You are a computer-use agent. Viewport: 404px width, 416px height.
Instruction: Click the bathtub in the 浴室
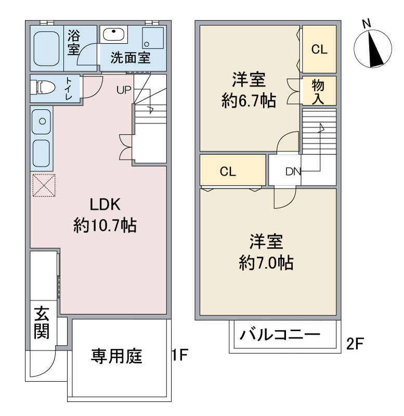coord(47,48)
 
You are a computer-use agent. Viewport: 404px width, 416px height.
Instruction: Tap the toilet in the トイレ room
coord(43,87)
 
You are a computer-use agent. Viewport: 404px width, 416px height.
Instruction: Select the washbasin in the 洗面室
coord(113,34)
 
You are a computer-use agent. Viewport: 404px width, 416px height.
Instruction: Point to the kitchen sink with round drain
coord(42,122)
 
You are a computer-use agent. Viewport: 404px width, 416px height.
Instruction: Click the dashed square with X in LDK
coord(44,185)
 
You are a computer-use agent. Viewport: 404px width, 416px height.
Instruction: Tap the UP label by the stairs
coord(124,90)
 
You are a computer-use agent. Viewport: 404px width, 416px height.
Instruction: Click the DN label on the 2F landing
coord(293,172)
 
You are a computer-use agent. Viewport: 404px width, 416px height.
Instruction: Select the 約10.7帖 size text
coord(105,226)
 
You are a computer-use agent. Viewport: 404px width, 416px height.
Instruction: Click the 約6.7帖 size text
coord(249,100)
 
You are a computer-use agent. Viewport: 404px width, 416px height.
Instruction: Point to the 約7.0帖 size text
coord(266,263)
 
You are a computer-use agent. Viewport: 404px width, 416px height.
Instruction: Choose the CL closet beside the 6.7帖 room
coord(319,49)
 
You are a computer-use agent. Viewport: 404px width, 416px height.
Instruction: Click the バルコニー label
coord(280,334)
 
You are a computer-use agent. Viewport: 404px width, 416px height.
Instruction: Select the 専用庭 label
coord(116,356)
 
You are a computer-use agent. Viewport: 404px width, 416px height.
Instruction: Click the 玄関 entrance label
coord(42,322)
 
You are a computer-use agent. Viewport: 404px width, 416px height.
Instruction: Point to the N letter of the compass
coord(367,24)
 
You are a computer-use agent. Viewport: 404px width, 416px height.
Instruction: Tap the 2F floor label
coord(355,344)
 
